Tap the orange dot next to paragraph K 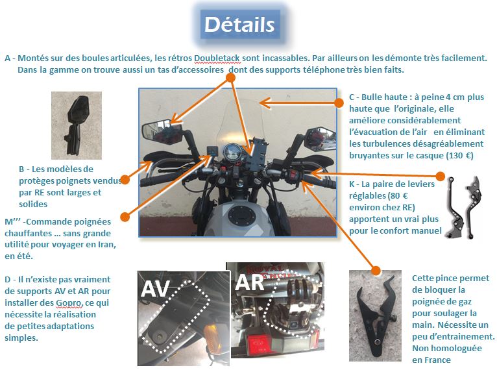(x=441, y=176)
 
